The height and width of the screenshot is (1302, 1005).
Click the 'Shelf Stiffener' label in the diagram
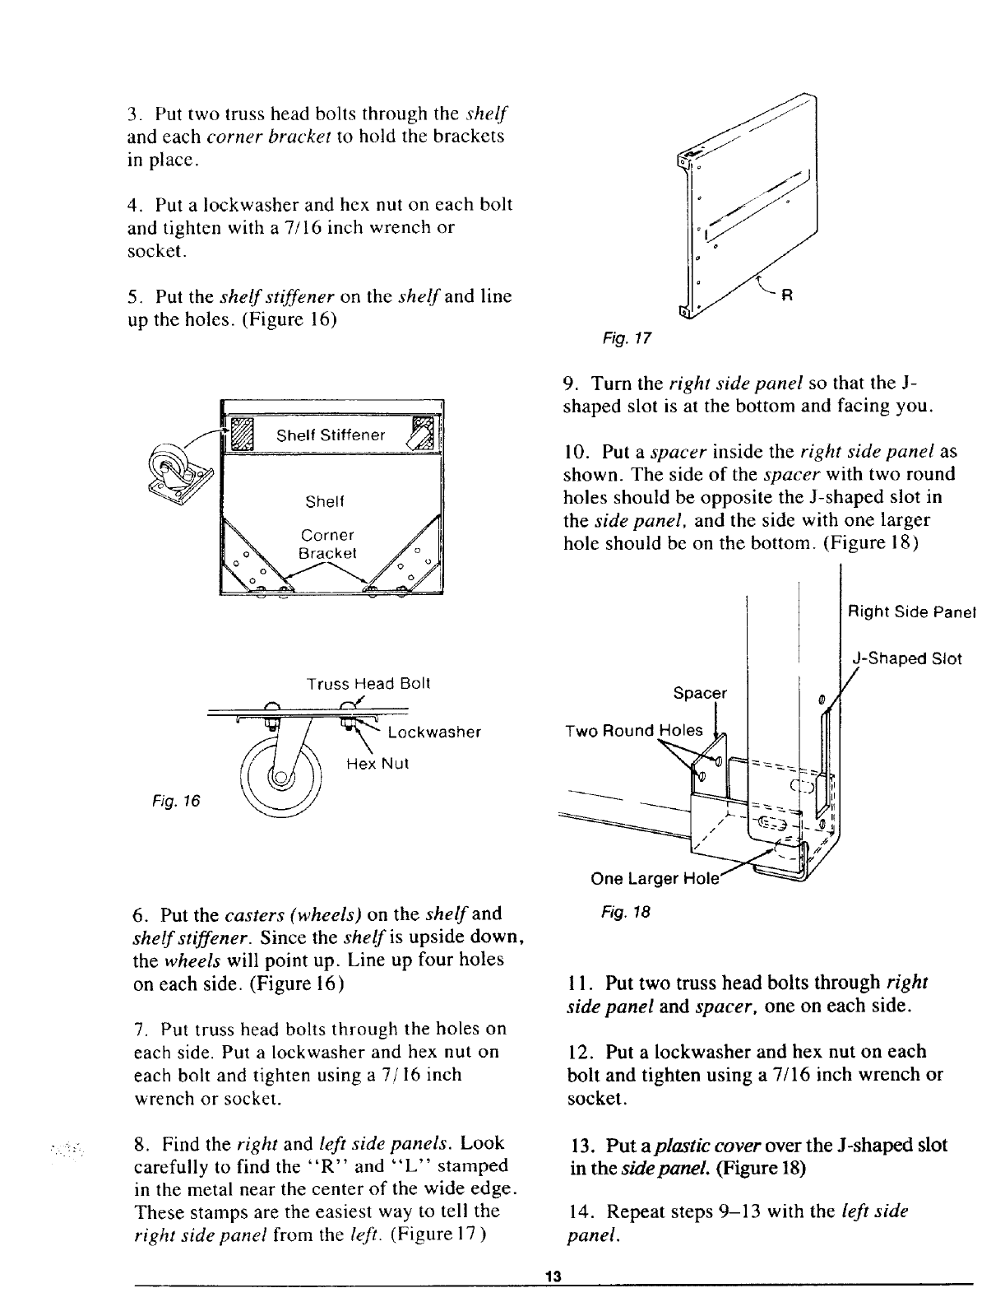tap(331, 435)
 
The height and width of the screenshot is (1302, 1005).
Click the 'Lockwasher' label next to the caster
tap(433, 732)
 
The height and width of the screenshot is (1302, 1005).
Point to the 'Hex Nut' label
tap(377, 764)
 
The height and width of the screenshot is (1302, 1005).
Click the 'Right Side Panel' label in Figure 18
tap(911, 612)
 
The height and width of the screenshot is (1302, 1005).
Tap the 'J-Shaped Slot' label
tap(906, 658)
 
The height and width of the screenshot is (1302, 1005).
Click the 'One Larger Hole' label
tap(655, 878)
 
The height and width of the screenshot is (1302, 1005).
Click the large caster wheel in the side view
tap(282, 774)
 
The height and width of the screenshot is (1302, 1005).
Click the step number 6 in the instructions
tap(138, 914)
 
